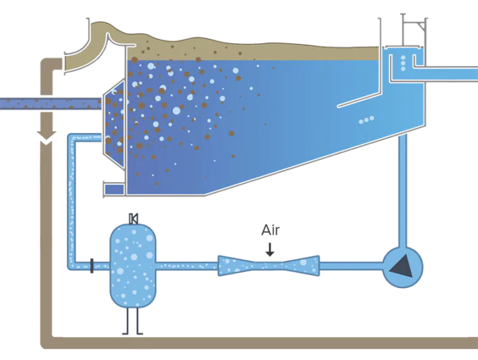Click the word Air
coord(270,230)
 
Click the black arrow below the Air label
coord(270,250)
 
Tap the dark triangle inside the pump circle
coord(402,266)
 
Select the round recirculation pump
coord(402,267)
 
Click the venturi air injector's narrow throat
coord(269,266)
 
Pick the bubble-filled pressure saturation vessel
coord(133,266)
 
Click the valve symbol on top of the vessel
coord(133,219)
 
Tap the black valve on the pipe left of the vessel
coord(92,266)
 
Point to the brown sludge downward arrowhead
coord(46,138)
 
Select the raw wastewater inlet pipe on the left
coord(50,104)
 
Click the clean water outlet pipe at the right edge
coord(446,73)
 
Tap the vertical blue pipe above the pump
coord(402,191)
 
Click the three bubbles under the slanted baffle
coord(366,120)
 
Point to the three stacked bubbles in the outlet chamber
coord(403,63)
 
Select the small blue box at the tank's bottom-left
coord(114,189)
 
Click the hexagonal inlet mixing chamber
coord(114,123)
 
